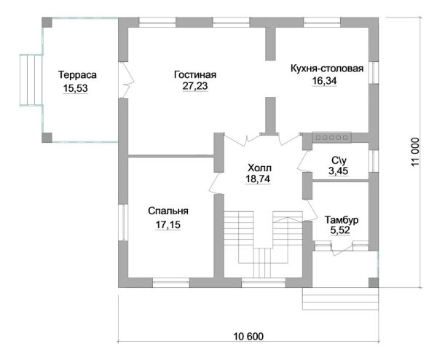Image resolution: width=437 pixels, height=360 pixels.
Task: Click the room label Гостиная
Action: point(195,75)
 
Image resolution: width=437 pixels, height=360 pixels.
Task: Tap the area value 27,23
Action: point(195,86)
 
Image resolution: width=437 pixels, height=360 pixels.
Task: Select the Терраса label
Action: point(77,75)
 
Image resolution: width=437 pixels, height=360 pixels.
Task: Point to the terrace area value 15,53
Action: point(75,88)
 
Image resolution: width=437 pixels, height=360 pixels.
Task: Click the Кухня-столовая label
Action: point(327,69)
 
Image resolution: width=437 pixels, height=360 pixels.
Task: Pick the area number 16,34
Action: point(324,81)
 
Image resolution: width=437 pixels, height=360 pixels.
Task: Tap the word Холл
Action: point(259,168)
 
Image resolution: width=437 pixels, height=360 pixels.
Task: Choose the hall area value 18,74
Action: point(258,179)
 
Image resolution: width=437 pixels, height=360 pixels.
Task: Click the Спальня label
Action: point(168,211)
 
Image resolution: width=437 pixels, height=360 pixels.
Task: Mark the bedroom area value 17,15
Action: point(168,224)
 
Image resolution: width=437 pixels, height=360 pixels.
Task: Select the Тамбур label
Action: point(342,220)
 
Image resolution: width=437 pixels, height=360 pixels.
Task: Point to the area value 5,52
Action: point(340,230)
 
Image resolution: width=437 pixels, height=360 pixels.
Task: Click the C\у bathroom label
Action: point(339,160)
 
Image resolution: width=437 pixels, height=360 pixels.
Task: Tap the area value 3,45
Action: point(339,171)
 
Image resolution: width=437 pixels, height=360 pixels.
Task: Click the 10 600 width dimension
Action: point(248,336)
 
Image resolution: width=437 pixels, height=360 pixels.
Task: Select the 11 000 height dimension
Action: point(415,152)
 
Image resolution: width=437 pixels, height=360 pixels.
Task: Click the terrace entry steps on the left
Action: point(31,80)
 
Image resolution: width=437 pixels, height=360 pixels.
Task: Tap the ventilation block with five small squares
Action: point(331,138)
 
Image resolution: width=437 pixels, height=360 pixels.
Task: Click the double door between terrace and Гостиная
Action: point(127,79)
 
